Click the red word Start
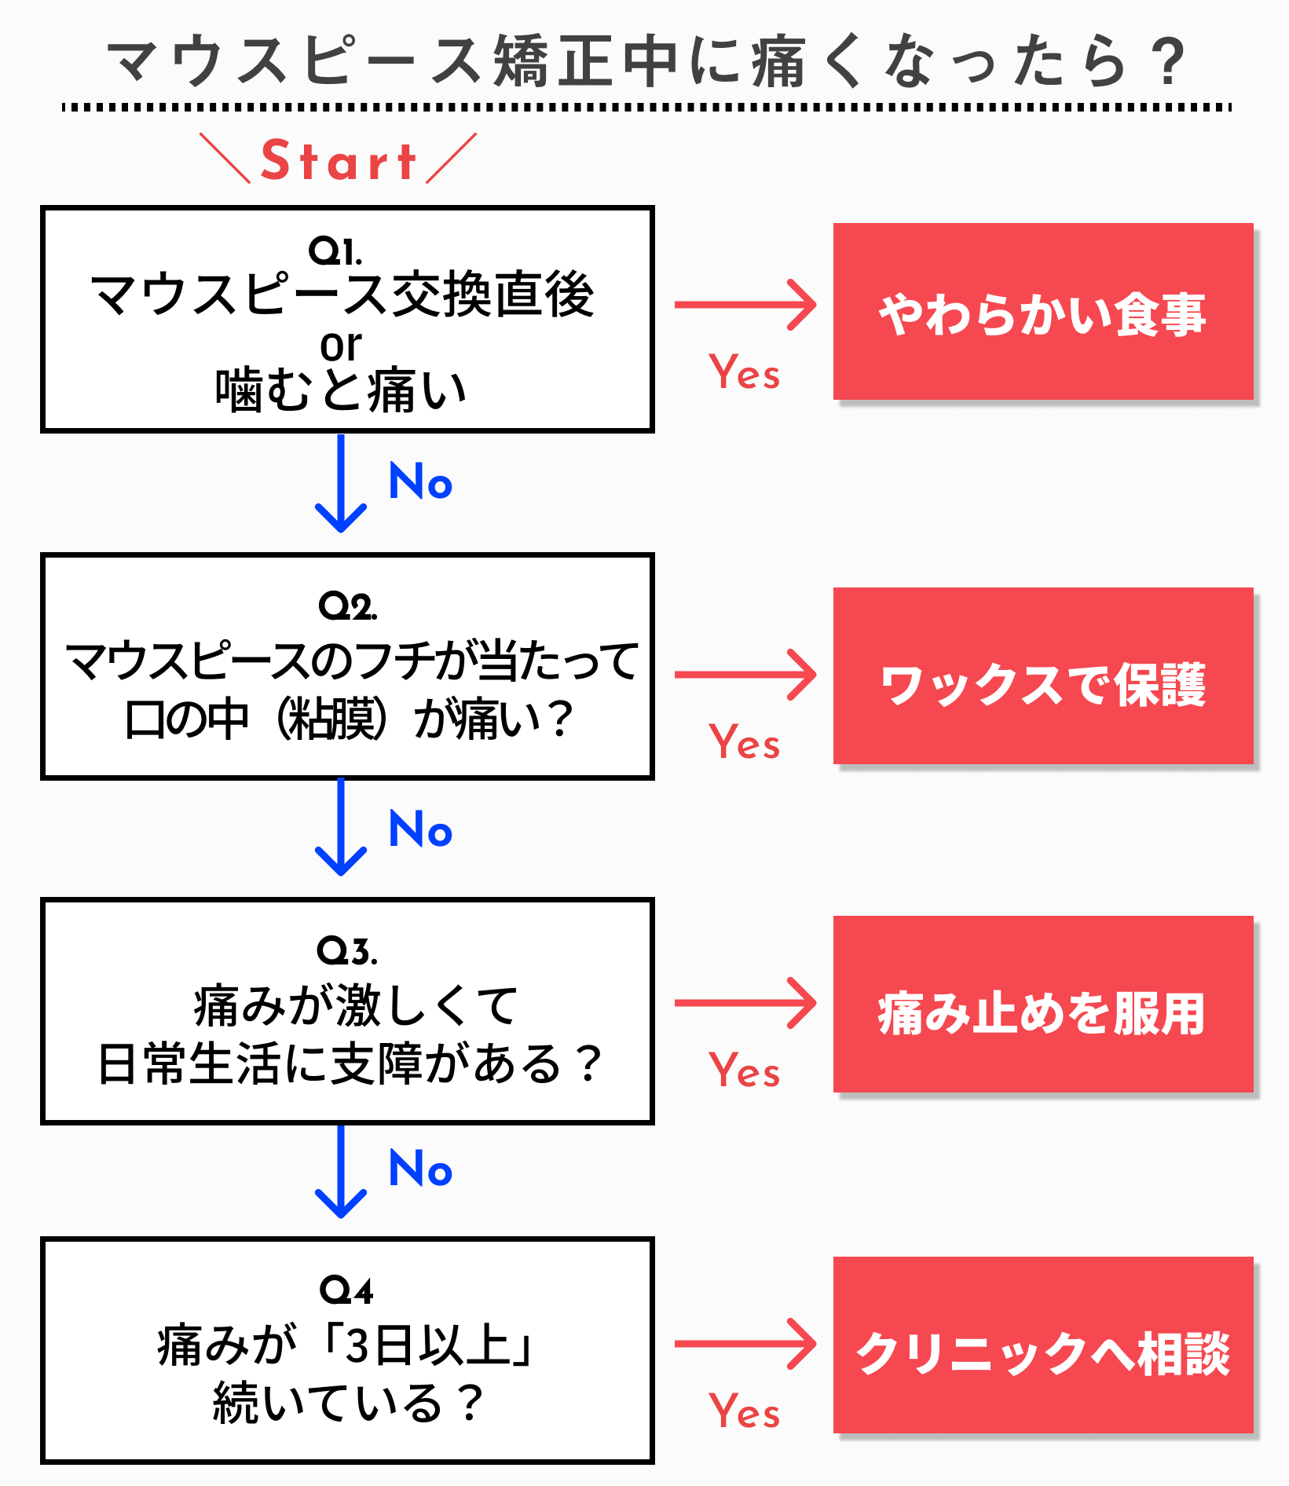coord(338,161)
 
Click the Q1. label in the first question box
coord(335,251)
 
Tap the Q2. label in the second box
coord(347,606)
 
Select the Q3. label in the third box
coord(347,951)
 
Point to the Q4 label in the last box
coord(346,1290)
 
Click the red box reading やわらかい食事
coord(1042,313)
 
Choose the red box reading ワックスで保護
coord(1042,676)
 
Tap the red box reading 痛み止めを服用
coord(1042,1005)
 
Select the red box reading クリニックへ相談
coord(1042,1345)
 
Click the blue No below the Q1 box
coord(421,481)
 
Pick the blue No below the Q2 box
coord(421,829)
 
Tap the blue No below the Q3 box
coord(421,1169)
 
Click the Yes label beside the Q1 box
coord(744,372)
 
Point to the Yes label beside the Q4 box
coord(744,1411)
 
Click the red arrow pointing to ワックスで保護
coord(745,675)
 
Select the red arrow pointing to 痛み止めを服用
coord(745,1003)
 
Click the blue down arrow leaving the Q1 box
coord(341,483)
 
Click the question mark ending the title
coord(1169,62)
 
